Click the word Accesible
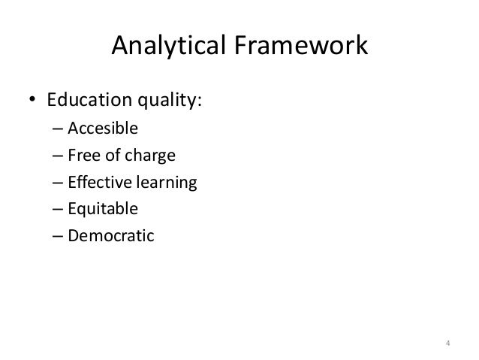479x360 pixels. point(103,129)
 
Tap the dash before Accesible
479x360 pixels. point(58,129)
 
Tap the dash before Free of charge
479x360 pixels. point(58,157)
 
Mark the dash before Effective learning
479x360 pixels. point(58,184)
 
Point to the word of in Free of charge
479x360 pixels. point(110,156)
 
